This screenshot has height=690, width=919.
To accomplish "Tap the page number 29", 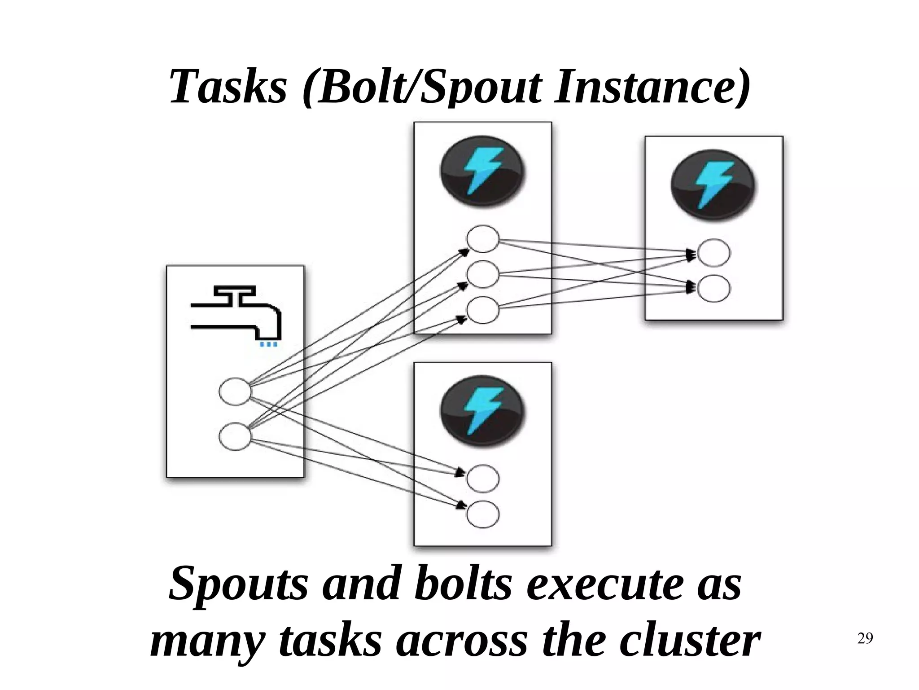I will [865, 638].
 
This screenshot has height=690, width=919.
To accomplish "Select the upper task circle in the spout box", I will [235, 391].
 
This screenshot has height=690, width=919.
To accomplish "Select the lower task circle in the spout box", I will [235, 436].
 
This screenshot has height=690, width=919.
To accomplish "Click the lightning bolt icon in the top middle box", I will [482, 171].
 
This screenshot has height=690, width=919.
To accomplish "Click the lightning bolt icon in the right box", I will [713, 185].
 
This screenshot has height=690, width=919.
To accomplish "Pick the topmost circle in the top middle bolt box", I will [483, 239].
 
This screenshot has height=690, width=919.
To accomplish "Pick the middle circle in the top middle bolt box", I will [483, 274].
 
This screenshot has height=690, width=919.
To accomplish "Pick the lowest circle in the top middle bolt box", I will [483, 310].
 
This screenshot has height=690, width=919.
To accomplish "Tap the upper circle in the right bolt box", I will [714, 253].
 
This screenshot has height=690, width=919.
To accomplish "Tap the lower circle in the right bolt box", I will [714, 289].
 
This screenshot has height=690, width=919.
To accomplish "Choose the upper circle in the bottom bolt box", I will [483, 479].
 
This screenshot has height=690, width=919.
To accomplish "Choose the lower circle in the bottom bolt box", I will [483, 514].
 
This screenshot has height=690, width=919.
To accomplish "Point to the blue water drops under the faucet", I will [268, 344].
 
